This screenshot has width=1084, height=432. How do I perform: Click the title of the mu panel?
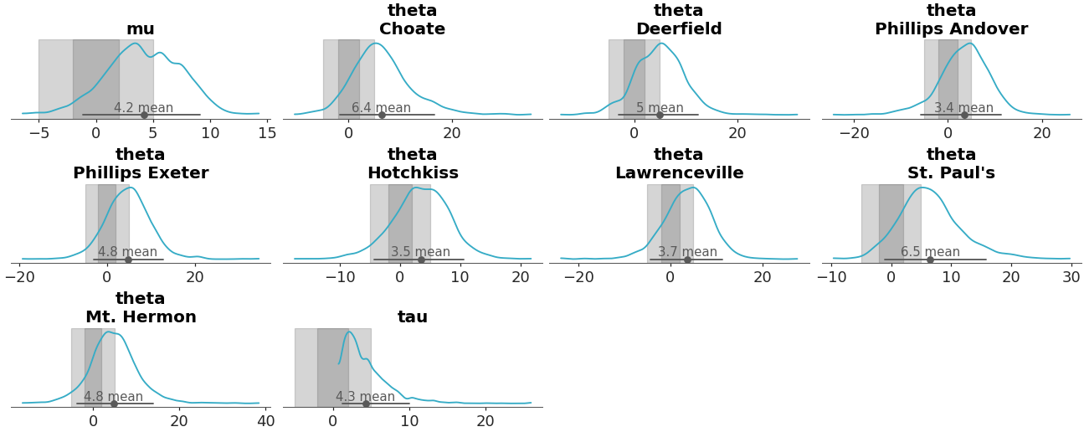[140, 29]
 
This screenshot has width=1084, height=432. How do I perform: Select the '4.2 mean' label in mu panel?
[143, 108]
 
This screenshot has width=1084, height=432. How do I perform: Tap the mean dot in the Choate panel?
[382, 115]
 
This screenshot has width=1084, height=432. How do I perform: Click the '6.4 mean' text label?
[381, 108]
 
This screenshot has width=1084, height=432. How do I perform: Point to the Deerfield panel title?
[678, 20]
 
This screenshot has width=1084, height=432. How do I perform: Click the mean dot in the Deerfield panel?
[660, 115]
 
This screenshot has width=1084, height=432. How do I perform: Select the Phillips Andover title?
[951, 20]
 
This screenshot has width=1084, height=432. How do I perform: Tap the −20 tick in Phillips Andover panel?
[855, 132]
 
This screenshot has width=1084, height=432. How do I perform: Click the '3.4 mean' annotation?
[963, 108]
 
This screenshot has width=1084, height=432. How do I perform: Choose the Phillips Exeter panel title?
[140, 164]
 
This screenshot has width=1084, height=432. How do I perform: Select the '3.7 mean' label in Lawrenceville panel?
[687, 252]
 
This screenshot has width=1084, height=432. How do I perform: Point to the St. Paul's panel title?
[951, 164]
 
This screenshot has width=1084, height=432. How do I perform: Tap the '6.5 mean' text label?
[930, 252]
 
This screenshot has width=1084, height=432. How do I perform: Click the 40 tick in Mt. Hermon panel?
[265, 421]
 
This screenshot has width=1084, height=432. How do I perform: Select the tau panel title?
[412, 317]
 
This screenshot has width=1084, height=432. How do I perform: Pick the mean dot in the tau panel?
[366, 404]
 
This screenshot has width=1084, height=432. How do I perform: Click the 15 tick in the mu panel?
[267, 132]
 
